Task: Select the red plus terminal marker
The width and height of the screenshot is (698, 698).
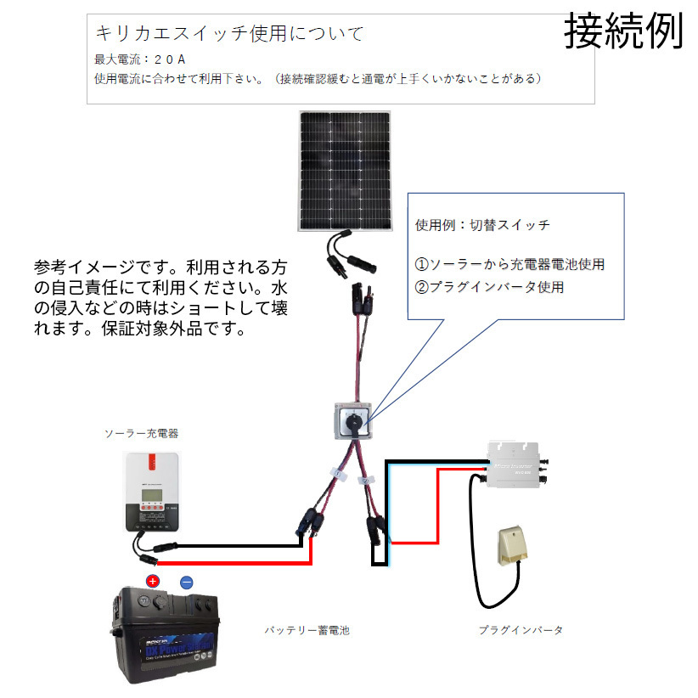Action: (x=153, y=582)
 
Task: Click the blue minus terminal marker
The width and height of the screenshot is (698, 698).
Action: (x=187, y=582)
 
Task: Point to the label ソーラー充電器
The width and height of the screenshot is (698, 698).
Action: (x=141, y=434)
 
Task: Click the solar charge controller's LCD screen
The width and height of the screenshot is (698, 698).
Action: (x=153, y=494)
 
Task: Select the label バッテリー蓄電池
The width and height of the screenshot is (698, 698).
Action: (x=307, y=630)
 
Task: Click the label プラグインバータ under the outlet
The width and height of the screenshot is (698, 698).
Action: (x=521, y=630)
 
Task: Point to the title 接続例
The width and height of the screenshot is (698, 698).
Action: (x=623, y=32)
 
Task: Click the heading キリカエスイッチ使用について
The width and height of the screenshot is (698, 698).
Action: (x=229, y=34)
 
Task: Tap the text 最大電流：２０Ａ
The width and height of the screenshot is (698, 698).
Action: (x=140, y=59)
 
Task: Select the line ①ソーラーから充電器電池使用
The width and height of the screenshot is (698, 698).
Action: (x=509, y=264)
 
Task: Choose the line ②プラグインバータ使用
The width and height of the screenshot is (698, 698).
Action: (x=489, y=287)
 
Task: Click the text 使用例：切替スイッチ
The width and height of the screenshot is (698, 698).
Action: (x=481, y=226)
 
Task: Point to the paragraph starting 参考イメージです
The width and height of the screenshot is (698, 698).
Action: (x=161, y=297)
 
